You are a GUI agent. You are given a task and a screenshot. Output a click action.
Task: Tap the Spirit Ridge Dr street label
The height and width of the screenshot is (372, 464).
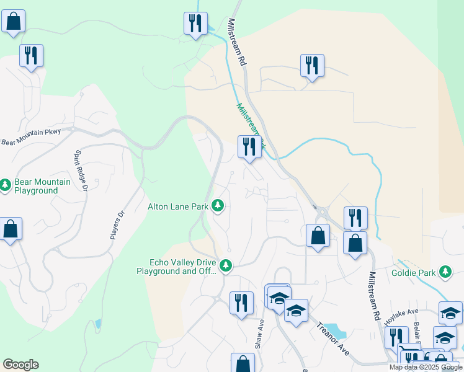[x=82, y=169]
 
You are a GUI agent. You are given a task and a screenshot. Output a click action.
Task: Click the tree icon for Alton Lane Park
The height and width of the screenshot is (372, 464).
[x=217, y=205]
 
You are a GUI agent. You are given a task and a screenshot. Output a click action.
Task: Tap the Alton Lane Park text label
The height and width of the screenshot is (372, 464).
[x=178, y=206]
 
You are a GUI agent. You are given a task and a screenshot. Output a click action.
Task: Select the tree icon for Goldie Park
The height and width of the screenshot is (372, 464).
[x=445, y=272]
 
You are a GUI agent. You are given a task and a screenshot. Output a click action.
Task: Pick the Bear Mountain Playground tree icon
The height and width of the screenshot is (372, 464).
[x=6, y=185]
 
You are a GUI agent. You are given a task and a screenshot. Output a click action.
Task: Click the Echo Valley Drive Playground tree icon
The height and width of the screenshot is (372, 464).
[x=226, y=265]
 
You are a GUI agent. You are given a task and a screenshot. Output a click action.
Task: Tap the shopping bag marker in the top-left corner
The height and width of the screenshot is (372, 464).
[x=13, y=22]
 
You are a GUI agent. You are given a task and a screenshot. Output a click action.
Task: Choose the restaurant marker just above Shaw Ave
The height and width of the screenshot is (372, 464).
[x=241, y=303]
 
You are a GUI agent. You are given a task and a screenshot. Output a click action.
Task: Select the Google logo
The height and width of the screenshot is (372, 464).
[x=20, y=365]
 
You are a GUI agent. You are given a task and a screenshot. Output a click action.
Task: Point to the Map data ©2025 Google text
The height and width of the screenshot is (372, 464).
[x=425, y=367]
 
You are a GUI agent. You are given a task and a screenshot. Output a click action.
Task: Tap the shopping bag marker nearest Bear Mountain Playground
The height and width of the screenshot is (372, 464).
[x=11, y=229]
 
